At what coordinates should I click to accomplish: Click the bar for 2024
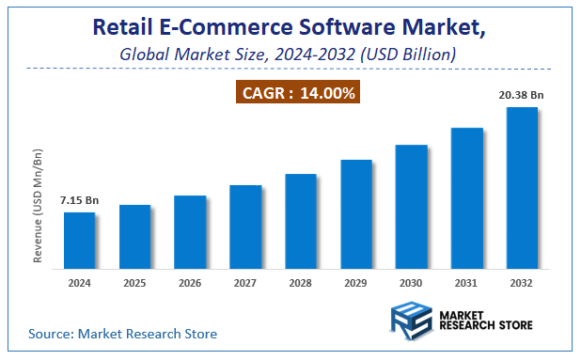[79, 240]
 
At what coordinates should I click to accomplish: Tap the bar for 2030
[411, 206]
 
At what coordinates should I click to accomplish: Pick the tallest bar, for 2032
[522, 187]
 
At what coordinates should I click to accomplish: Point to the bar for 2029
[355, 213]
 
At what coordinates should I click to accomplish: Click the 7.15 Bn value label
[79, 200]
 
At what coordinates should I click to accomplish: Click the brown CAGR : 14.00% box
[298, 93]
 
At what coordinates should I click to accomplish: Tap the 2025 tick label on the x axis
[134, 283]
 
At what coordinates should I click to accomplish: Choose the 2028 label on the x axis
[300, 283]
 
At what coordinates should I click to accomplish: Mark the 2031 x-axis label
[466, 283]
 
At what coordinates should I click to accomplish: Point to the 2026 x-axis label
[190, 283]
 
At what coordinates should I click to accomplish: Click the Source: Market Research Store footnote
[122, 334]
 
